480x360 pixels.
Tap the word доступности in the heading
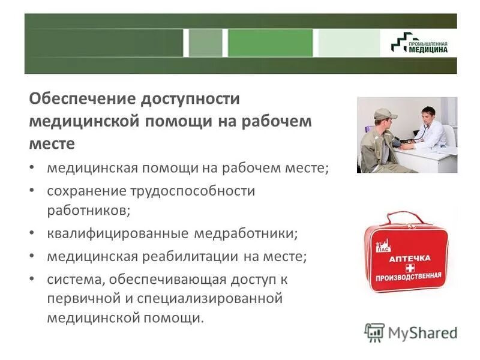pos(191,98)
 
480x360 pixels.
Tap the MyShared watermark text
pos(419,332)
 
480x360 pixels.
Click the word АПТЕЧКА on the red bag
pos(410,259)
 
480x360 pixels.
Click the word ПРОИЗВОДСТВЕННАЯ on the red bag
pos(408,277)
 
